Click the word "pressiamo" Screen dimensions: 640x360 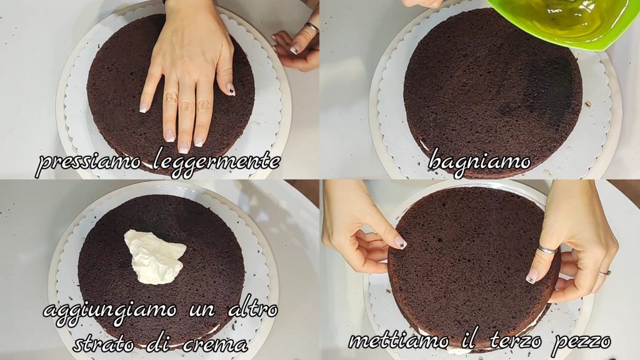point(89,162)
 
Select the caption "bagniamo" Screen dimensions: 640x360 point(479,161)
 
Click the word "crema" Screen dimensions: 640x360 point(215,345)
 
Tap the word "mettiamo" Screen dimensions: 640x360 point(398,341)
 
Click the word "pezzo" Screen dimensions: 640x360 point(581,342)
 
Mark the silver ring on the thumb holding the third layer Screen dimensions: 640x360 point(546,249)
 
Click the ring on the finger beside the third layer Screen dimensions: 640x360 point(604,272)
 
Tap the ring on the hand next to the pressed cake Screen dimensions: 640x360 point(311,27)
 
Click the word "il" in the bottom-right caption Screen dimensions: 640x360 point(469,339)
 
